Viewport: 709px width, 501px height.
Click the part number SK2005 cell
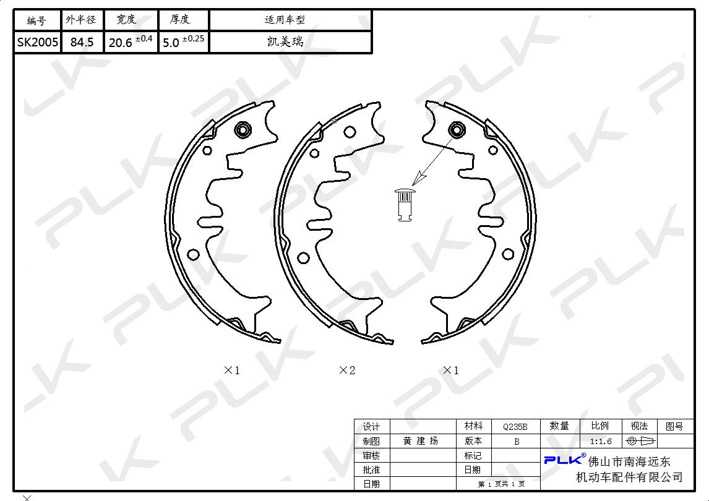38,42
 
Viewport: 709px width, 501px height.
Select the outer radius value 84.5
82,42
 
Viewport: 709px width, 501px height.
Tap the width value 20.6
120,43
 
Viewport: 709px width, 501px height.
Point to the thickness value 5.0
171,43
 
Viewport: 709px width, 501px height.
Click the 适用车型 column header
285,19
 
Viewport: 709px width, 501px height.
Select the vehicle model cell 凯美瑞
285,41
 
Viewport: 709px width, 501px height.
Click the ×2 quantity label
347,370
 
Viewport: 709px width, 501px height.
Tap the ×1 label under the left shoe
232,370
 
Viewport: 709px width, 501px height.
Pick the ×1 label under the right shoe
451,370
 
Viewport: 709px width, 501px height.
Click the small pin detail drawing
405,205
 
